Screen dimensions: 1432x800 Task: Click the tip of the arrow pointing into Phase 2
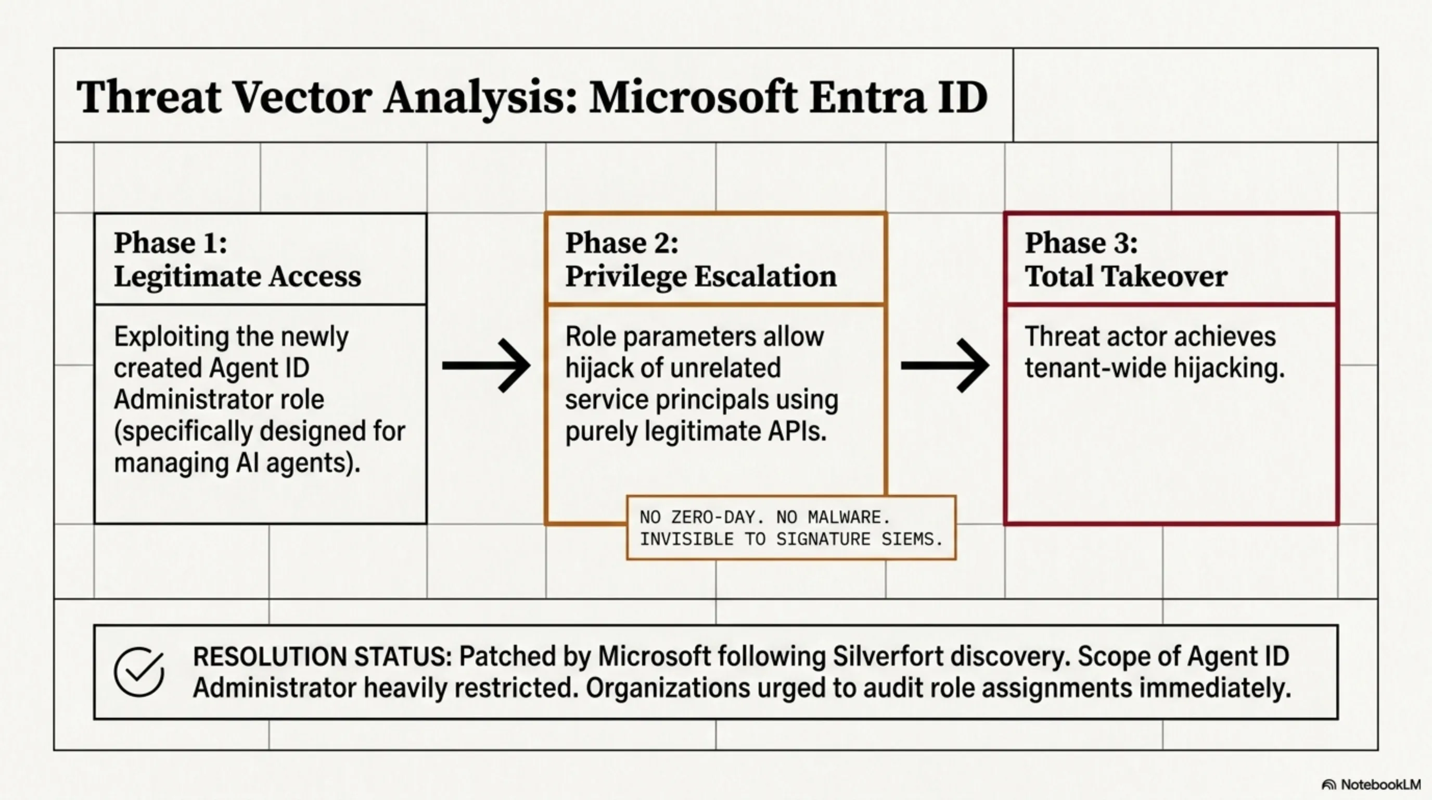tap(530, 366)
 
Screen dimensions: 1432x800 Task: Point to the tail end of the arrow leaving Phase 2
tap(902, 366)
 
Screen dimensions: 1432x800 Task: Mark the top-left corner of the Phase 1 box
tap(95, 214)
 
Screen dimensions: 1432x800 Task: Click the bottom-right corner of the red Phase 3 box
tap(1337, 523)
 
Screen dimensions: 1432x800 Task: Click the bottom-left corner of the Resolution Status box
tap(95, 718)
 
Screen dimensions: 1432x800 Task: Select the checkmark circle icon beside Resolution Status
tap(139, 671)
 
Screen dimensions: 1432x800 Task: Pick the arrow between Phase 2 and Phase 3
tap(945, 366)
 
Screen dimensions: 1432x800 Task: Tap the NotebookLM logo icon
tap(1328, 784)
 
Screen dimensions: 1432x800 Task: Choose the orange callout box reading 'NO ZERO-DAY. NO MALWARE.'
tap(791, 528)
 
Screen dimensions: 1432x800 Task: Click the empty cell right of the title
tap(1195, 95)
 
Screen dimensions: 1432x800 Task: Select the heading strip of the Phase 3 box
tap(1171, 259)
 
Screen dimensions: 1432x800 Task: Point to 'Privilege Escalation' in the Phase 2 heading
tap(700, 277)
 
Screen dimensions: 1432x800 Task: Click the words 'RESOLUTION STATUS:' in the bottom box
tap(323, 656)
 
